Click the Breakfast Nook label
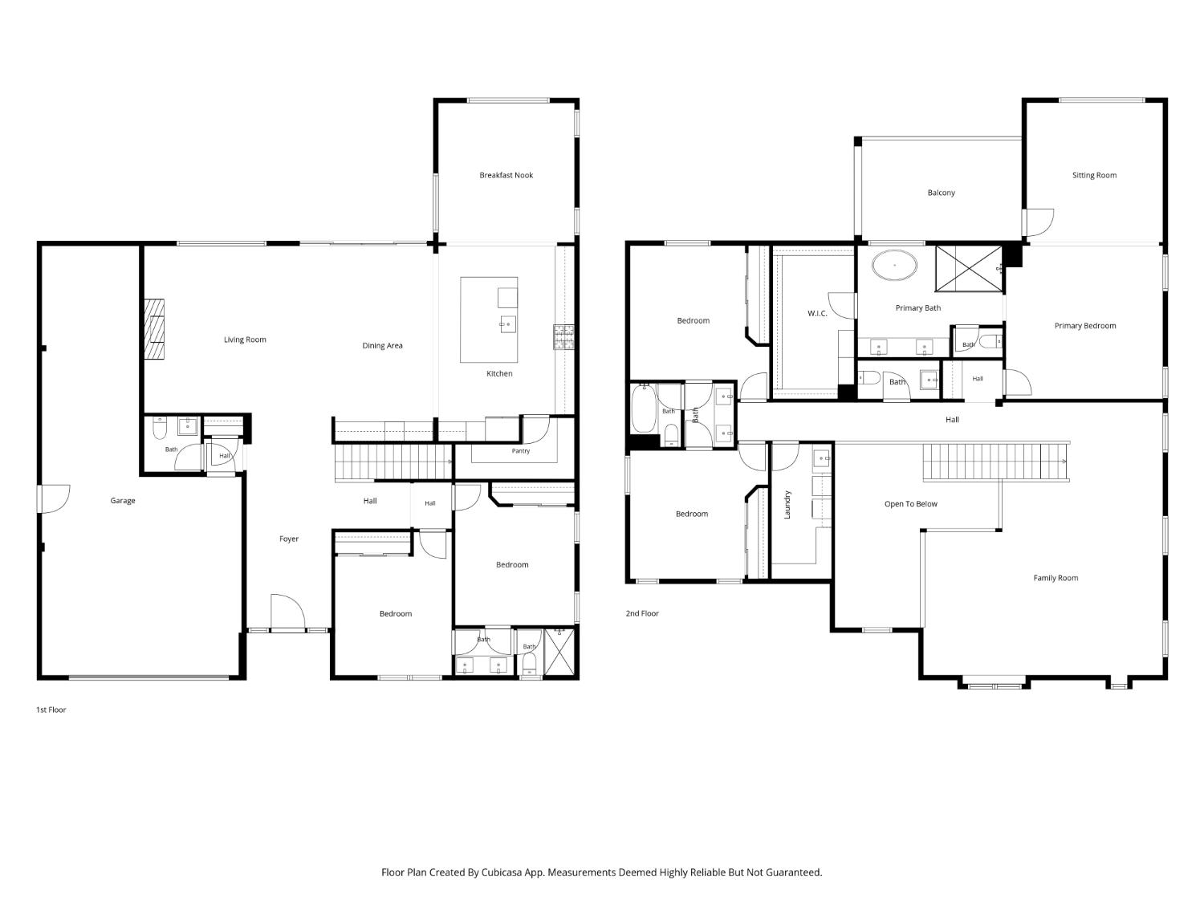(506, 175)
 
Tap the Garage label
(122, 501)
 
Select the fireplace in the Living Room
(154, 329)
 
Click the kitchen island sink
(507, 324)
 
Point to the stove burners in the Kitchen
(563, 336)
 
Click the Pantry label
(521, 450)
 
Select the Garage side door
(54, 499)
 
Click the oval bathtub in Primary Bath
(894, 266)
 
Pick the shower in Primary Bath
(970, 269)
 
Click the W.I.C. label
(817, 314)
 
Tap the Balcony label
(941, 193)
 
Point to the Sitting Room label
(1094, 175)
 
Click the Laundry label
(787, 504)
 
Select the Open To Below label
(910, 504)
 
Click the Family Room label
(1056, 578)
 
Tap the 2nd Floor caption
(642, 613)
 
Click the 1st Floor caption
(51, 710)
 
